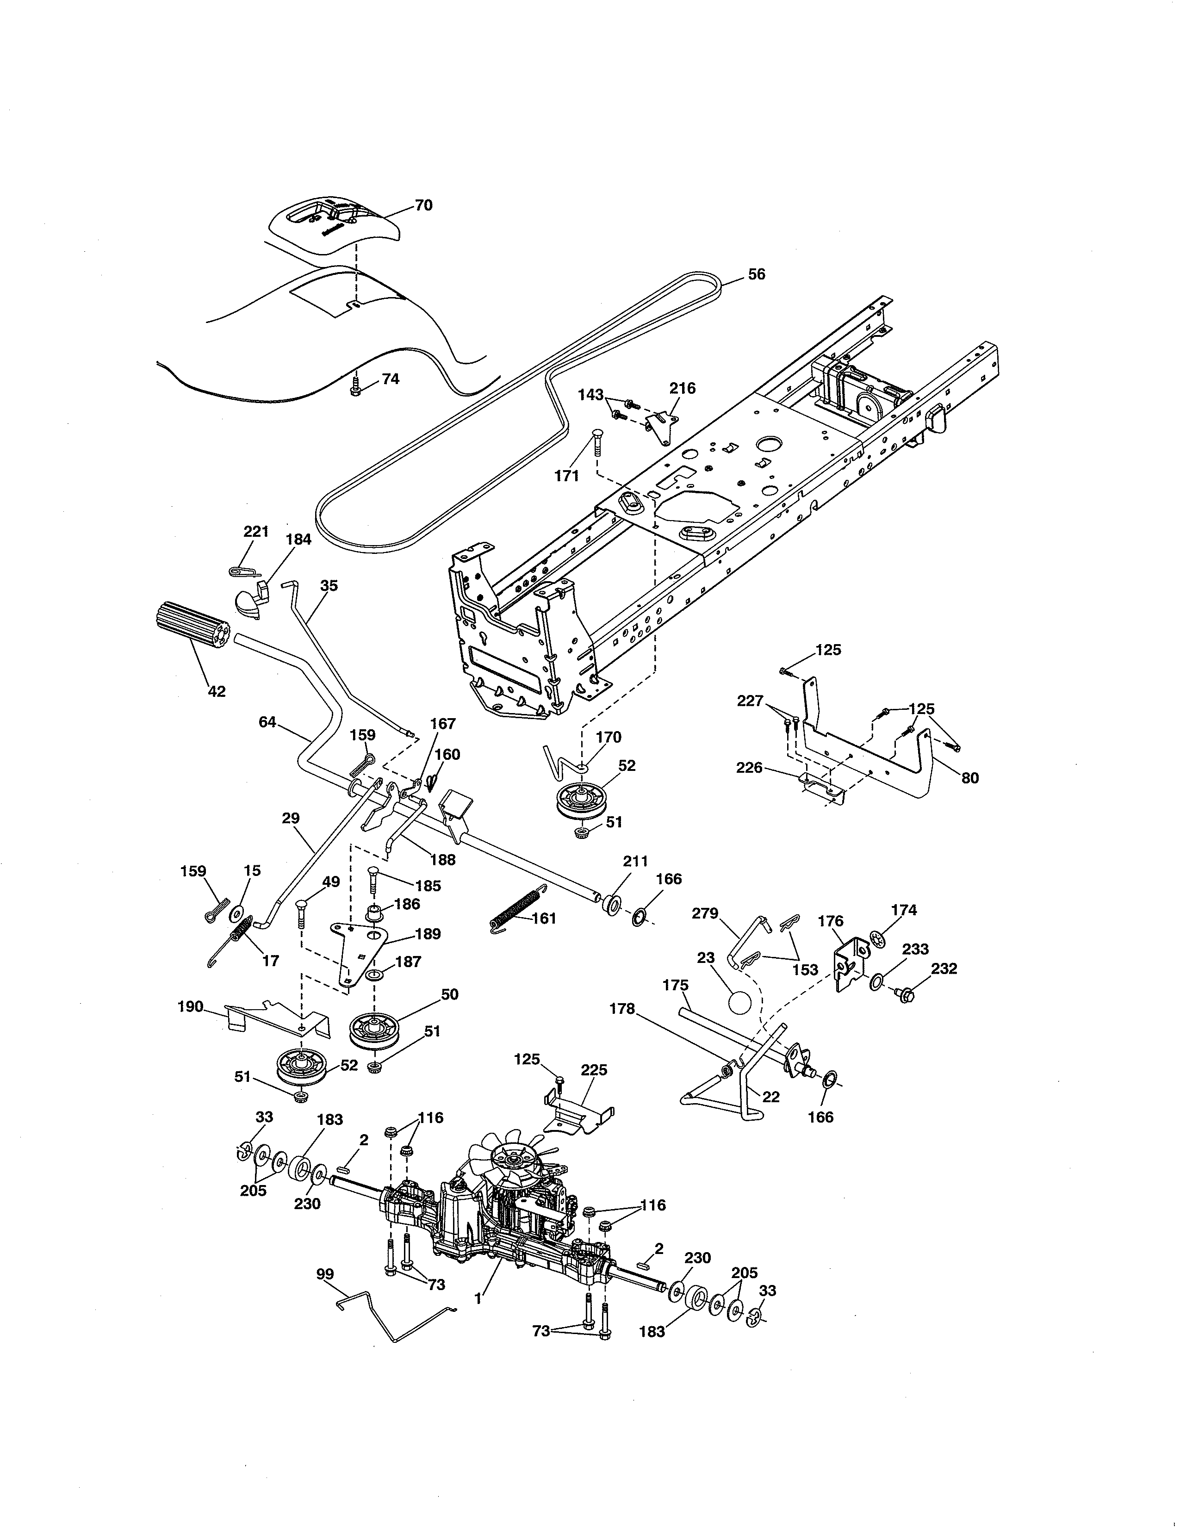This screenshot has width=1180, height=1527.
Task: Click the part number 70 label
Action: tap(423, 205)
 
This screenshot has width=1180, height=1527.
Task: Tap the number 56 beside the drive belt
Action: tap(757, 275)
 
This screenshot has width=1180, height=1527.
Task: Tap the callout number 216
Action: tap(682, 389)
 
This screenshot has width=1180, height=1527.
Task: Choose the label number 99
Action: tap(325, 1274)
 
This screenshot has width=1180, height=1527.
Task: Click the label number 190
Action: tap(190, 1007)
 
